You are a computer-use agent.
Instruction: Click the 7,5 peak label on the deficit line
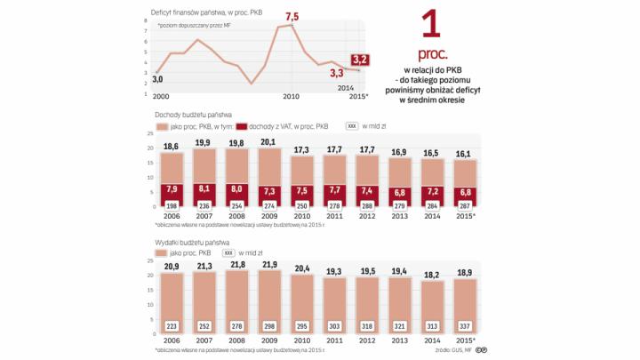click(x=292, y=16)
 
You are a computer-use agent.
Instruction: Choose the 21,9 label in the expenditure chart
click(x=270, y=266)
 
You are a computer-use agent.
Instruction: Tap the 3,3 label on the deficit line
click(x=338, y=73)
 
